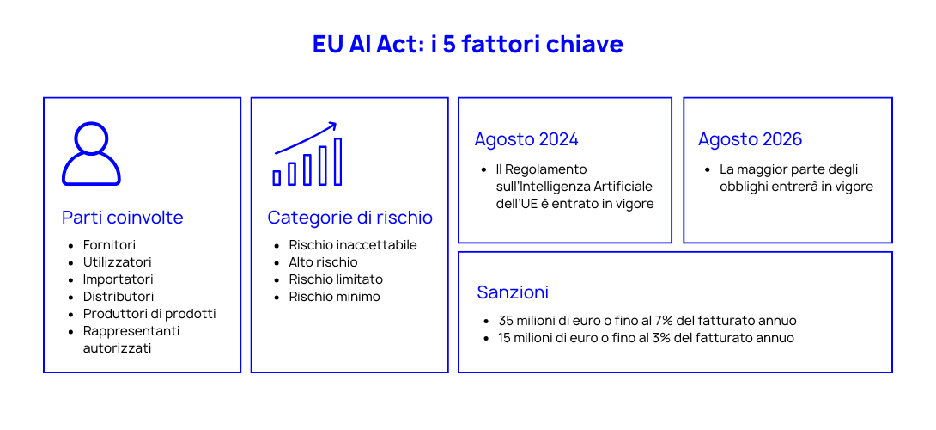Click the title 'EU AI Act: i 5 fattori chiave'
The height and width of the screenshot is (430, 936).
coord(468,45)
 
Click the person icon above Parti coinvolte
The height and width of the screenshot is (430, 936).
coord(91,154)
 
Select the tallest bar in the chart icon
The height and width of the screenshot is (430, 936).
coord(338,162)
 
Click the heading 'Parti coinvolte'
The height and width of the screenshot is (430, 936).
coord(123,218)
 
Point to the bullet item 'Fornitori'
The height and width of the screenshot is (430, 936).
coord(109,245)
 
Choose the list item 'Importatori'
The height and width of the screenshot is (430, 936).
coord(118,279)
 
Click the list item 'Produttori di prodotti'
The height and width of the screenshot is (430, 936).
coord(149,314)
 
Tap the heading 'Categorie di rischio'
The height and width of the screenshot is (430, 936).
coord(349,218)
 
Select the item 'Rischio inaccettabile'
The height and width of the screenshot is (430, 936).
coord(352,245)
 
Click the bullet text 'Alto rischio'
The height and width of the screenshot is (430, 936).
coord(323,262)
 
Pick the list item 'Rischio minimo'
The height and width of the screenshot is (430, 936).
coord(334,297)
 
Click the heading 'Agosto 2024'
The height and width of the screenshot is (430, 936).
coord(526,139)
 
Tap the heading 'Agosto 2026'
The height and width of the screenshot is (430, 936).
coord(750,139)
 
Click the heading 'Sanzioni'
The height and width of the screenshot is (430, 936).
coord(513,292)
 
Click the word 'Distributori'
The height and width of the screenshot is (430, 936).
coord(119,297)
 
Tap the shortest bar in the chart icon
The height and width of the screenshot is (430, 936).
coord(277,178)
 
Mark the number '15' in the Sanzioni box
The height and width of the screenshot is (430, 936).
coord(505,338)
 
